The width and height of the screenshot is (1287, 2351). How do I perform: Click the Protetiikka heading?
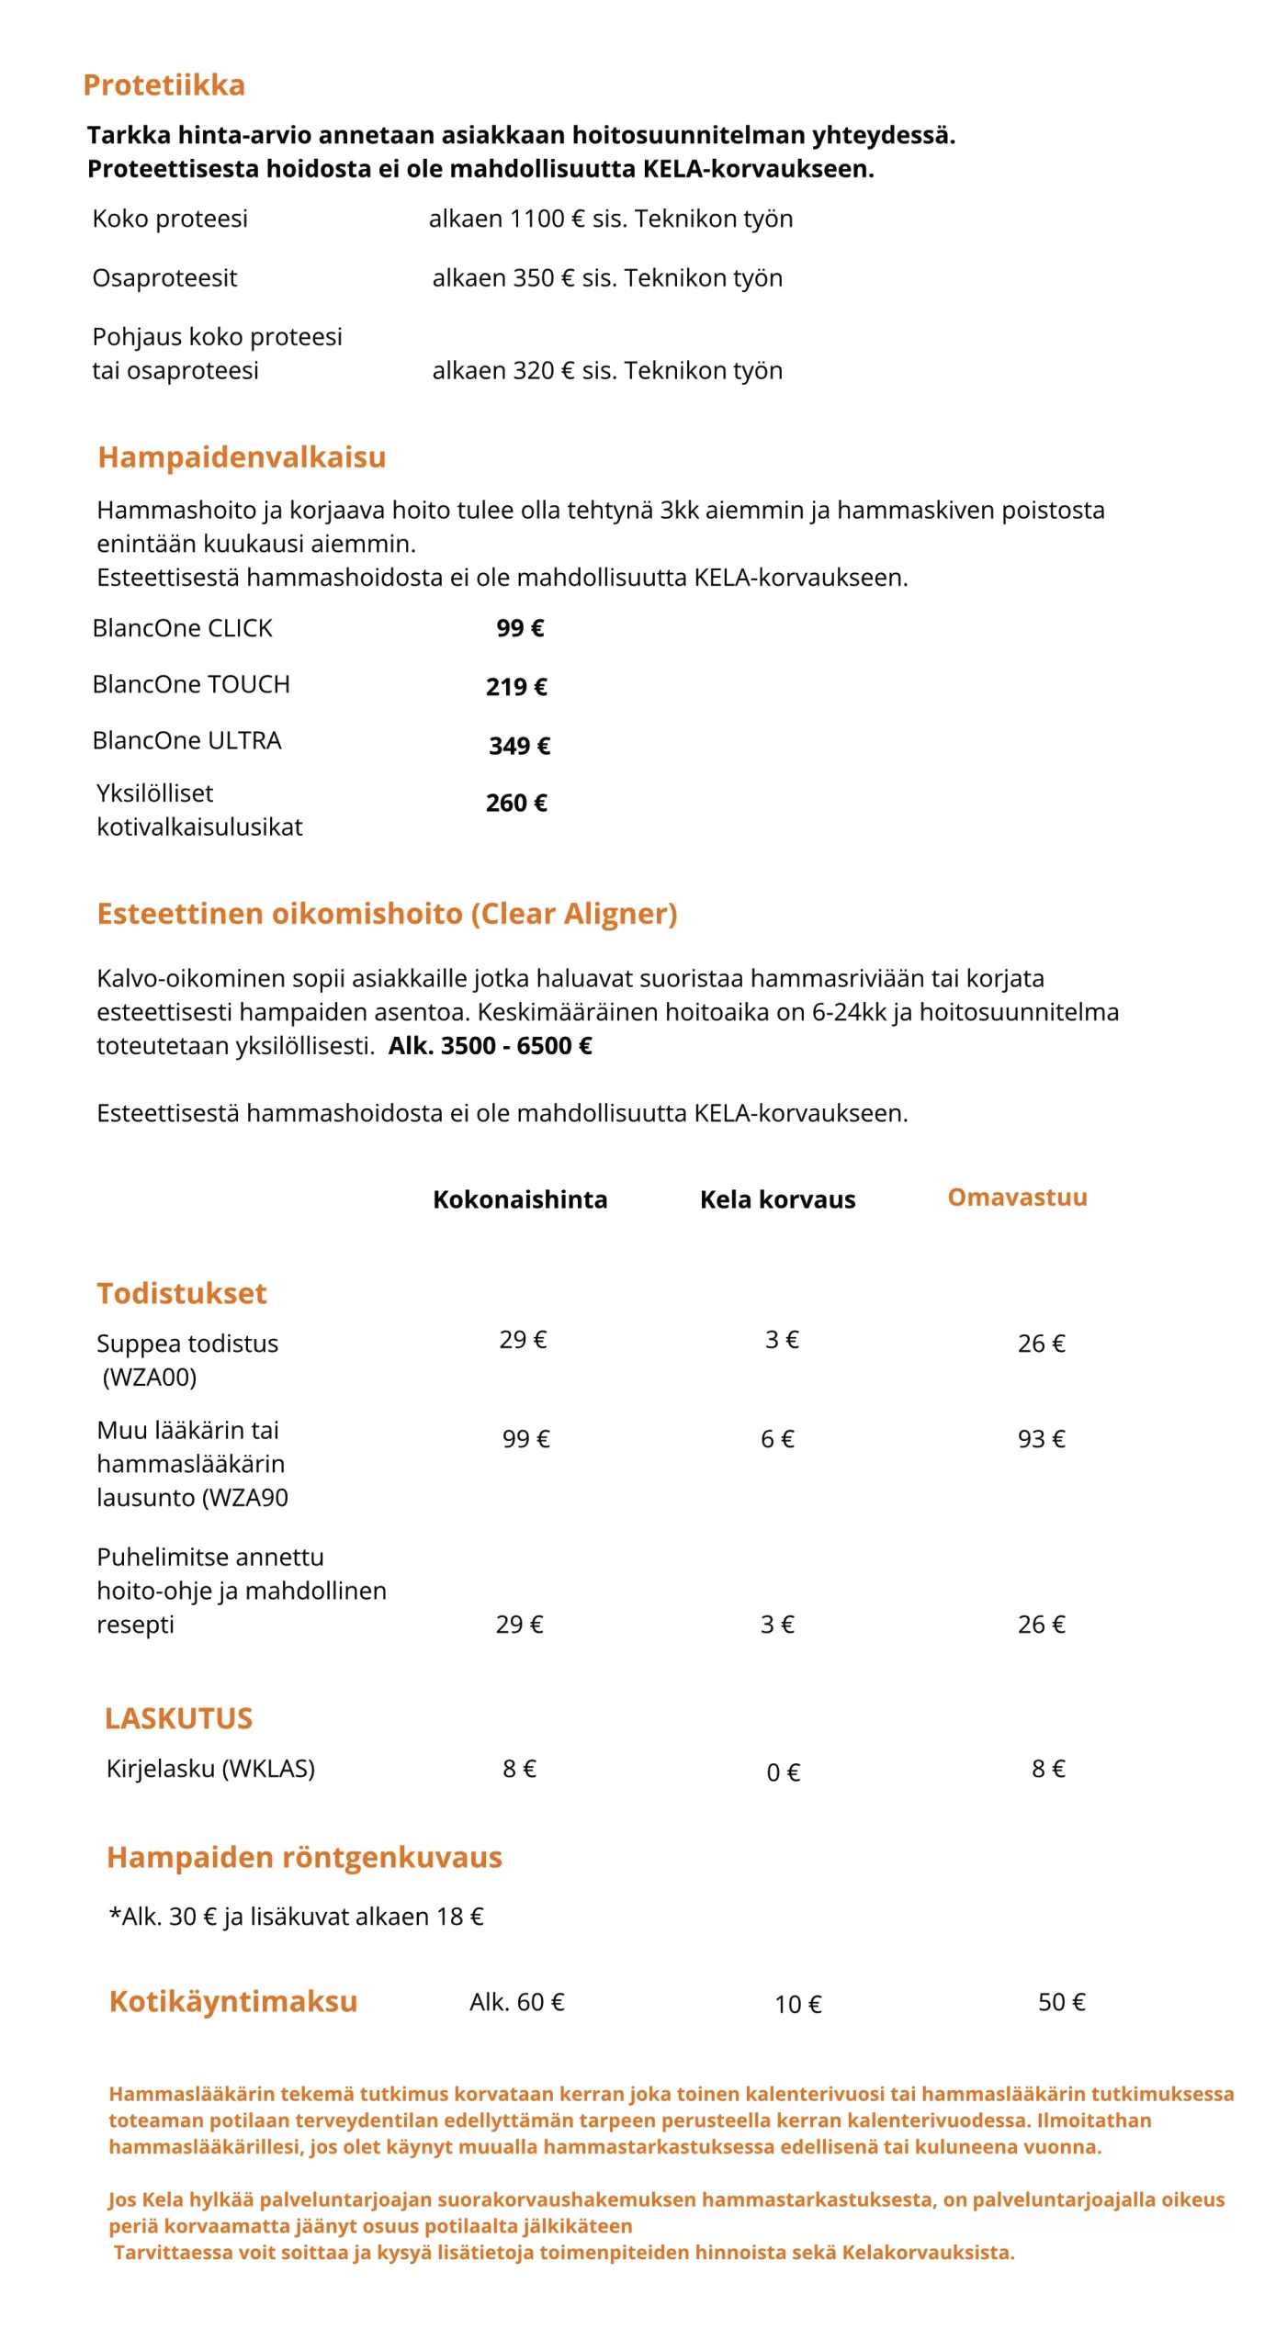pyautogui.click(x=164, y=84)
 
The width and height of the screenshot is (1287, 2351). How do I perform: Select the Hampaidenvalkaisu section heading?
pyautogui.click(x=242, y=456)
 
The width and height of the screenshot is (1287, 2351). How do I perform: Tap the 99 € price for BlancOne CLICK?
pyautogui.click(x=520, y=628)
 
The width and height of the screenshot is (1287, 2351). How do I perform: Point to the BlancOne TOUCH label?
pyautogui.click(x=191, y=684)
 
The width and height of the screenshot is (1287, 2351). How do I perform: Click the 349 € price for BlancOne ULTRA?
pyautogui.click(x=520, y=746)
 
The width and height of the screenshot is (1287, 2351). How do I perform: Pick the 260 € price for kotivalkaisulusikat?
pyautogui.click(x=516, y=803)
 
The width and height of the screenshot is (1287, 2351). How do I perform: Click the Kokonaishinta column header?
pyautogui.click(x=520, y=1199)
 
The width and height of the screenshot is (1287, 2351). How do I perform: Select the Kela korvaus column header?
pyautogui.click(x=777, y=1199)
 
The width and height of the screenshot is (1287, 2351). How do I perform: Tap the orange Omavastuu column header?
pyautogui.click(x=1017, y=1198)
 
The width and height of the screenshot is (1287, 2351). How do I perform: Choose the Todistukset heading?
pyautogui.click(x=182, y=1293)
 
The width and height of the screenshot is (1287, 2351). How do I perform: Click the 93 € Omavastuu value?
pyautogui.click(x=1041, y=1439)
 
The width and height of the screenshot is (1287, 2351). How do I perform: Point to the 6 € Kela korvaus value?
pyautogui.click(x=777, y=1439)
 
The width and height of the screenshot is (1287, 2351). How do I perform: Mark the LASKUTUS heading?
pyautogui.click(x=178, y=1718)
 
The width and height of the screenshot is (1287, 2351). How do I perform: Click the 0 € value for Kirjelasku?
pyautogui.click(x=783, y=1772)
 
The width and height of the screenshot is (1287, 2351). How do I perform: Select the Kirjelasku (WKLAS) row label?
pyautogui.click(x=210, y=1769)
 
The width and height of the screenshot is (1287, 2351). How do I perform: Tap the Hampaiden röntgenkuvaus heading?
pyautogui.click(x=304, y=1857)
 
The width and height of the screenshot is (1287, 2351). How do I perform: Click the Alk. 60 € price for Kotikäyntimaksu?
pyautogui.click(x=516, y=2002)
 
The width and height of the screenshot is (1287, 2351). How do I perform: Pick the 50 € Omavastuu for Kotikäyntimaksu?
pyautogui.click(x=1061, y=2002)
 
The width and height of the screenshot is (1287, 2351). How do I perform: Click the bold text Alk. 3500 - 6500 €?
pyautogui.click(x=490, y=1046)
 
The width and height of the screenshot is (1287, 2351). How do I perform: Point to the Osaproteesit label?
pyautogui.click(x=164, y=277)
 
